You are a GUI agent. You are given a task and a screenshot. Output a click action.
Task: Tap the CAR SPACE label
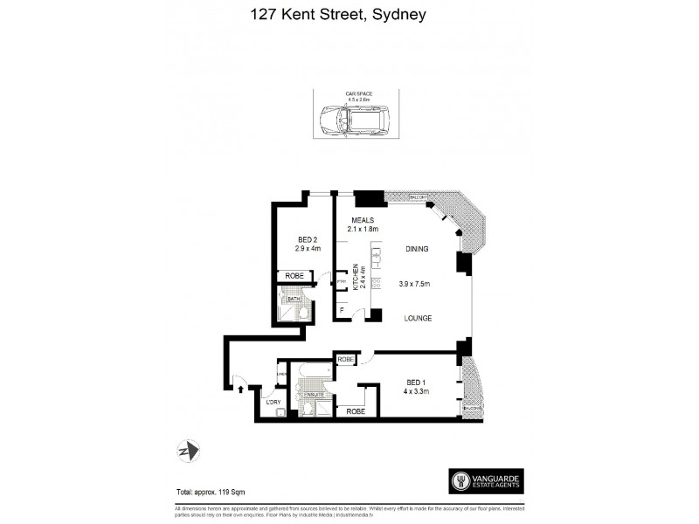348,93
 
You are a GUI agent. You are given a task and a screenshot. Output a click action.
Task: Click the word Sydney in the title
397,15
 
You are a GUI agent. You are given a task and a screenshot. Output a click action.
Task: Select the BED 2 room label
307,240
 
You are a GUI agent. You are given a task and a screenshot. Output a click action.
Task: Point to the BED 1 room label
415,383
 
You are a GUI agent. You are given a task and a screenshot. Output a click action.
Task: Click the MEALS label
363,219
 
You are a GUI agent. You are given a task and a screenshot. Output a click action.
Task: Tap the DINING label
416,250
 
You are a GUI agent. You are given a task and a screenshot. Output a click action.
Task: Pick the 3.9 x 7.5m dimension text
416,284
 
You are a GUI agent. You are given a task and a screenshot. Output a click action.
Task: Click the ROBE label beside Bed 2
291,277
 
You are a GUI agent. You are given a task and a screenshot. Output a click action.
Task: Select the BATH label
294,299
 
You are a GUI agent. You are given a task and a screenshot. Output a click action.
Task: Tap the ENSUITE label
313,396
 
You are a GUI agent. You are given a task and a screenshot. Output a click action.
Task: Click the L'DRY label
273,402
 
